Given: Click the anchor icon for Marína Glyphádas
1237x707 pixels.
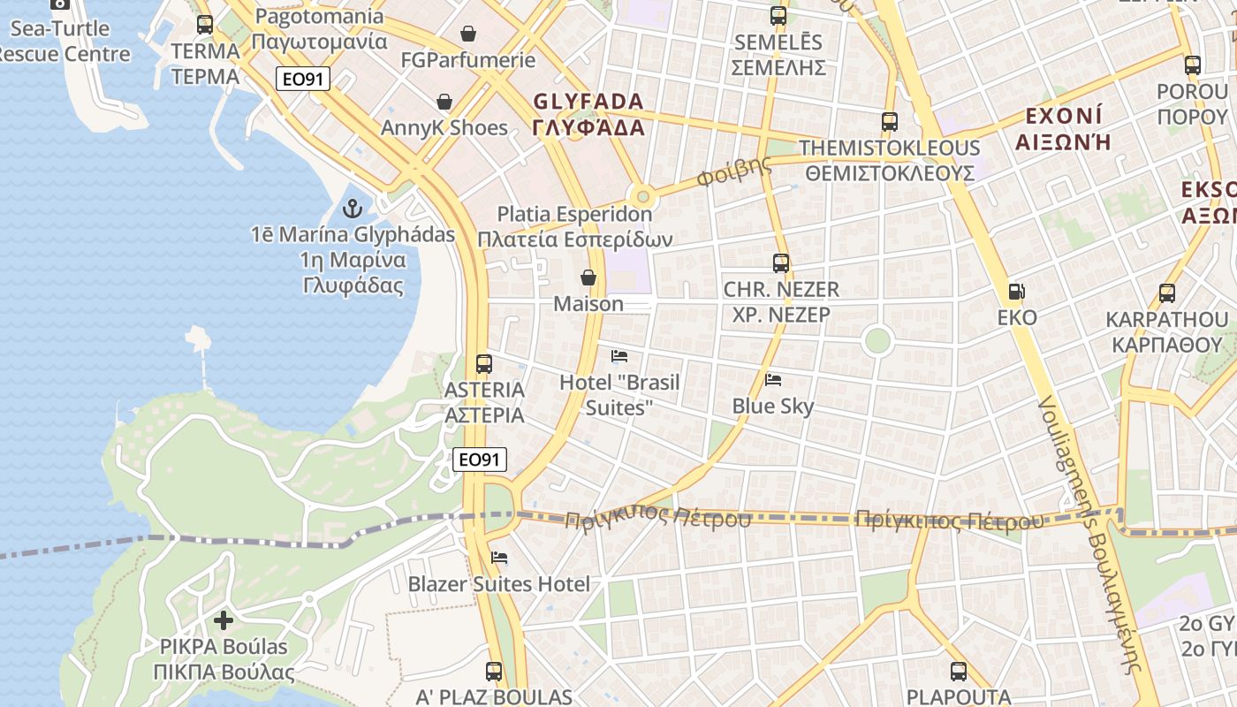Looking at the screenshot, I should pos(353,209).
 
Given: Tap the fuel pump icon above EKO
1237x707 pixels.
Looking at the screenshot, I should pos(1017,291).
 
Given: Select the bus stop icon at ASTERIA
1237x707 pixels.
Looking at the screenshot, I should pos(483,363).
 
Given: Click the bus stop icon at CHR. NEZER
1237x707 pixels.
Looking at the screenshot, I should pos(780,262).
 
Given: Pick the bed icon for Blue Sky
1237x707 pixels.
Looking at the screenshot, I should pos(773,380).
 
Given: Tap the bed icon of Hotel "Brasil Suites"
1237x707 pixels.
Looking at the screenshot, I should pos(619,356).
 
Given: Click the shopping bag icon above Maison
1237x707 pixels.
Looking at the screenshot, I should pos(588,278).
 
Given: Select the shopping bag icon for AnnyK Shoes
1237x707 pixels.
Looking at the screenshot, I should pos(444,103).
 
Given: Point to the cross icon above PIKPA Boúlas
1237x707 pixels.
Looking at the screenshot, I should pos(224,620).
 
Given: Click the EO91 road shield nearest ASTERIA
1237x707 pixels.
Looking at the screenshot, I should pos(481,460).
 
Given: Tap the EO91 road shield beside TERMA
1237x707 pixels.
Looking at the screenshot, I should pos(302,79).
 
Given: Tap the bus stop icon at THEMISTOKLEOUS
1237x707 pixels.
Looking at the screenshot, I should pos(889,122).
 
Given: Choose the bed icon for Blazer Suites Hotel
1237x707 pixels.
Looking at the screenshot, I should pos(499,558).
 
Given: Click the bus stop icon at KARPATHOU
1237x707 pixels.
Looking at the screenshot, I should pos(1166,293).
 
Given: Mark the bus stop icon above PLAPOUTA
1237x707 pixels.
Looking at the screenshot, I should pos(958,672).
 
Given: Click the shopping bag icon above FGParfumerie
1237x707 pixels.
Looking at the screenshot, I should pos(467,34).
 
